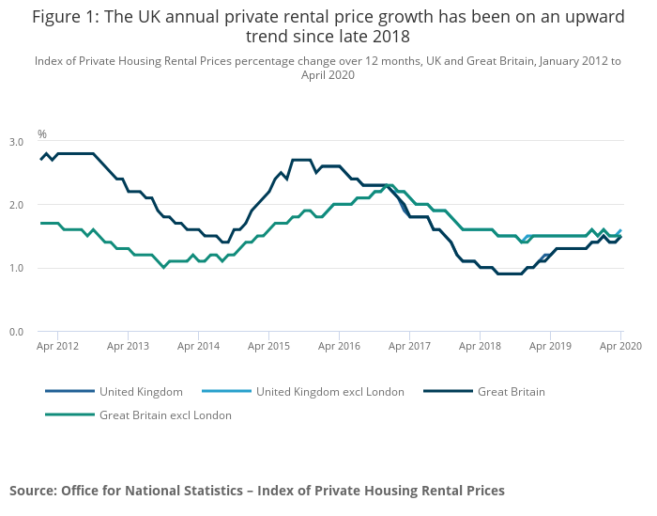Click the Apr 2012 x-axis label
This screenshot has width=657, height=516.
(58, 346)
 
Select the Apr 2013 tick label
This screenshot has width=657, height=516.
(128, 346)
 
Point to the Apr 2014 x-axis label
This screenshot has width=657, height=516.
(198, 346)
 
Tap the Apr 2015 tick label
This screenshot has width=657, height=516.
(268, 346)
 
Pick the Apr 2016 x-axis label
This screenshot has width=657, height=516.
(339, 346)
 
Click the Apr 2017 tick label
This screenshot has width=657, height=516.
(409, 346)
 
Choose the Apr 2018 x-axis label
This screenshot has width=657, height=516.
(480, 346)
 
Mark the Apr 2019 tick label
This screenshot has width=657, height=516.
(550, 346)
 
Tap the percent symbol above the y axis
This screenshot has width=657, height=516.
(41, 134)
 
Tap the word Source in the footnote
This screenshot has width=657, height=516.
(33, 491)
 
